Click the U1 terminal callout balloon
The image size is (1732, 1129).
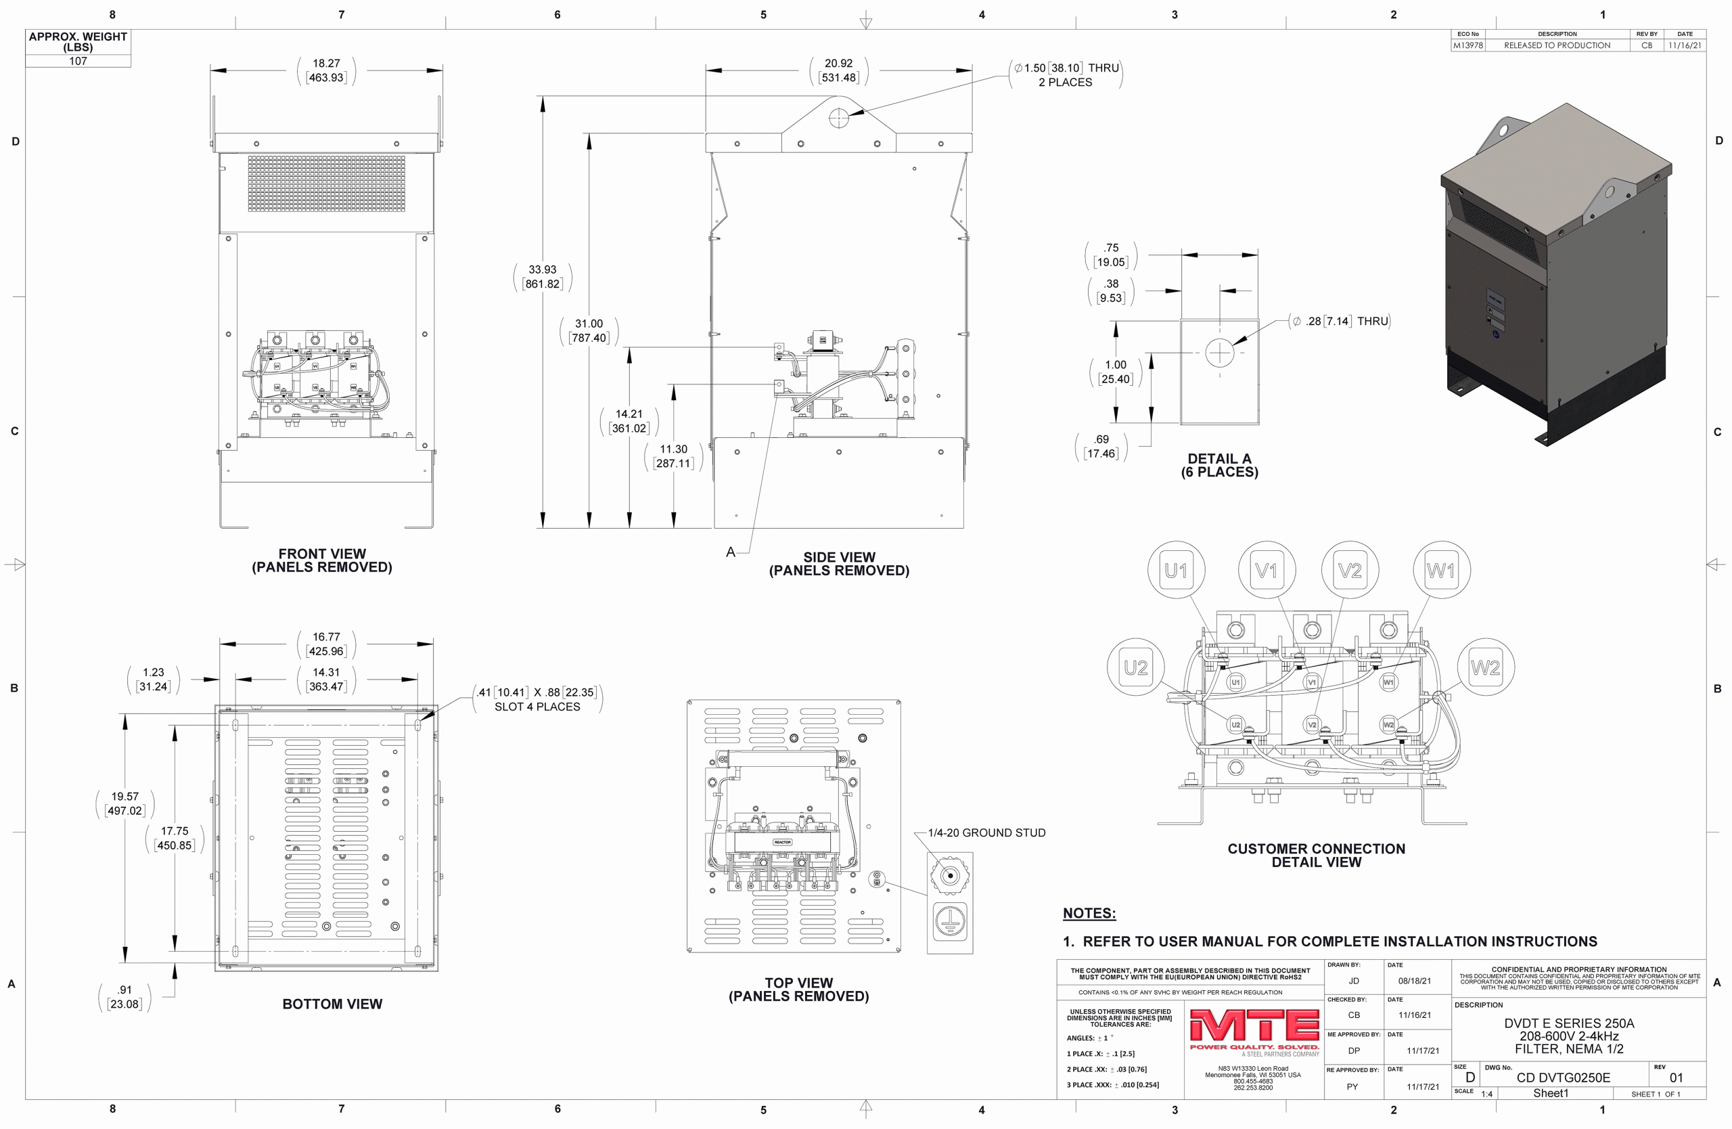[x=1176, y=570]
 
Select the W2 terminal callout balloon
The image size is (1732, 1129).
[x=1485, y=667]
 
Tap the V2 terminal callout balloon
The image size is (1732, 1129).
[x=1350, y=570]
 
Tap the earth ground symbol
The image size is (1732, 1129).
[x=950, y=921]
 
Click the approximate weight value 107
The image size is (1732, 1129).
[x=78, y=61]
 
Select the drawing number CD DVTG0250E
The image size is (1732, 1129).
[x=1563, y=1078]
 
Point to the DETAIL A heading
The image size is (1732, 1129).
[x=1219, y=460]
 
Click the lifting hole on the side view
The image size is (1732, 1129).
[x=838, y=116]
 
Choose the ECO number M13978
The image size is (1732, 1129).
[x=1468, y=45]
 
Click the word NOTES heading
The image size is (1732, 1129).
[x=1089, y=913]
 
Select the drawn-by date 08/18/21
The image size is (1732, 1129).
[x=1414, y=981]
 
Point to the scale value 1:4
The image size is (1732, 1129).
[x=1487, y=1094]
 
